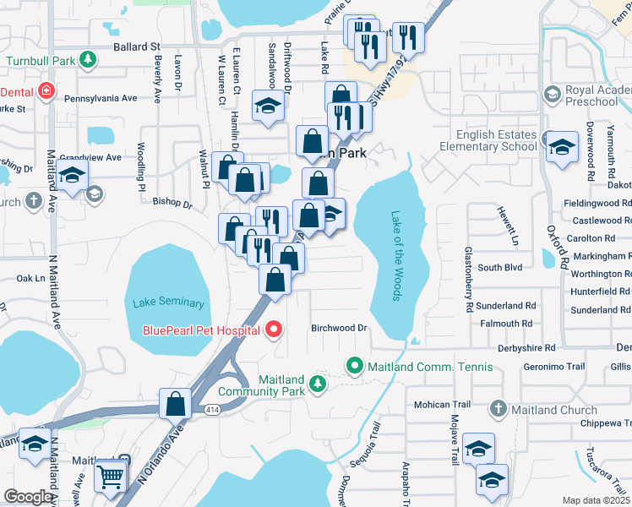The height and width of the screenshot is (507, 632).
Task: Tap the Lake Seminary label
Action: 168,303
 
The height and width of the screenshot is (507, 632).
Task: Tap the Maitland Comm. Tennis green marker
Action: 354,367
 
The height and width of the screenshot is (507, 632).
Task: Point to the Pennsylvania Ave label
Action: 106,98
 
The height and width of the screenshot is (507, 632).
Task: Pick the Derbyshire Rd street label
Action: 526,347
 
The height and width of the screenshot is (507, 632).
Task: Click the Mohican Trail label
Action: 444,404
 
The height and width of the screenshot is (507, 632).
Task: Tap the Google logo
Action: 28,497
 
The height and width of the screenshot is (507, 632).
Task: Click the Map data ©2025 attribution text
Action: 596,500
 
